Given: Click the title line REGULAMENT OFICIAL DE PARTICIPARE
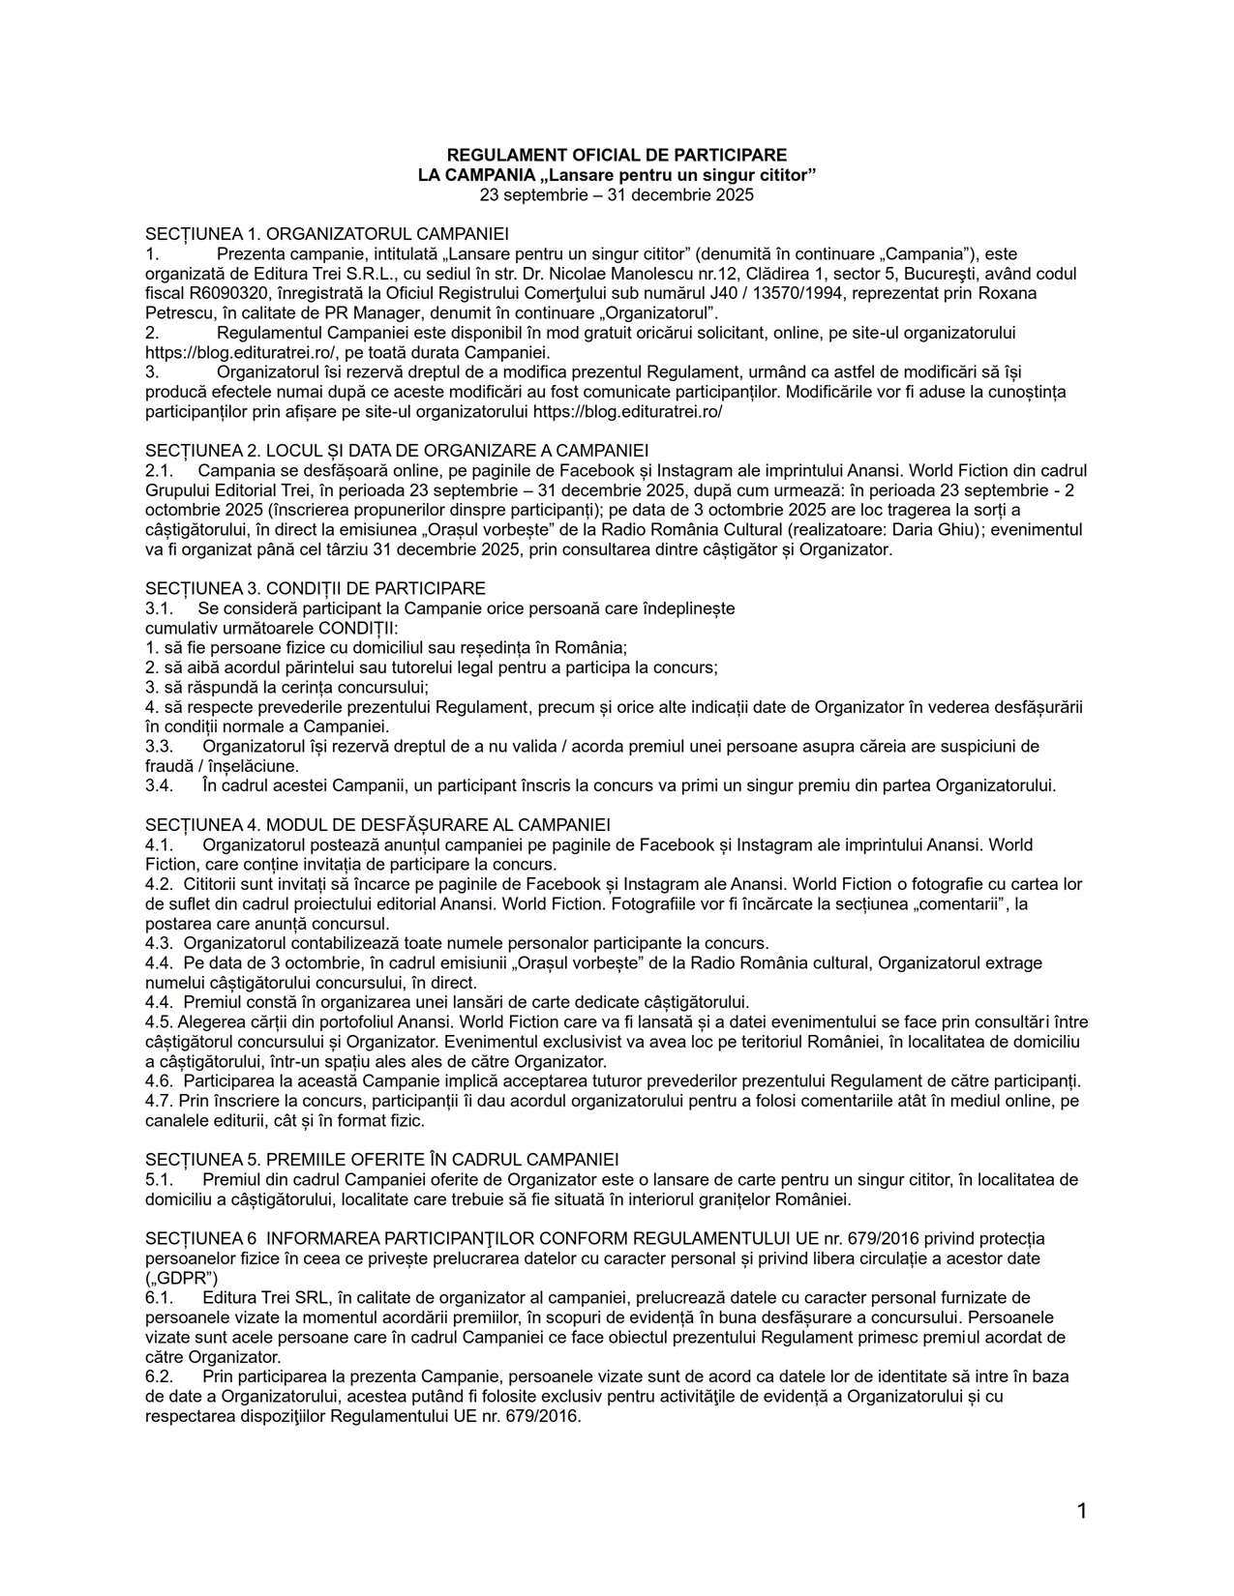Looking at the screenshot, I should tap(617, 155).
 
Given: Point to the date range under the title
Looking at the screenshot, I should tap(617, 194).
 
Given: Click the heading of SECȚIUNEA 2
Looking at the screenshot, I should tap(397, 450).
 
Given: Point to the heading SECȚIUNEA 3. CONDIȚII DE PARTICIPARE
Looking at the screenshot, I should tap(316, 588).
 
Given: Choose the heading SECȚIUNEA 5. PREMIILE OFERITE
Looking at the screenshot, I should tap(381, 1159).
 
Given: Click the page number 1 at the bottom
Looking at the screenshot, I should tap(1082, 1511).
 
